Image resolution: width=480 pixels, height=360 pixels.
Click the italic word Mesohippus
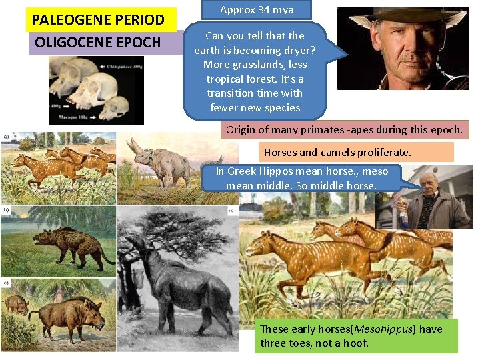coord(377,329)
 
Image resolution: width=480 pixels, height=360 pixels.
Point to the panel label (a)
coord(6,136)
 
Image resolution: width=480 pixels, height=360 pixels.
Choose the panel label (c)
coord(6,282)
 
